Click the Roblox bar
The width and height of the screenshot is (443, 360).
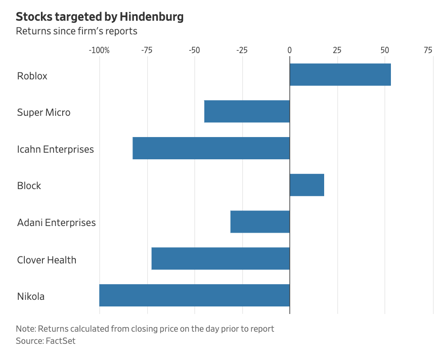(x=340, y=75)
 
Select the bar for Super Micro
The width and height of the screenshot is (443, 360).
(x=247, y=111)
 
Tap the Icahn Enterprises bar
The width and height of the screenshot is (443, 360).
(x=211, y=148)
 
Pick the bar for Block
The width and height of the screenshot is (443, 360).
(x=307, y=185)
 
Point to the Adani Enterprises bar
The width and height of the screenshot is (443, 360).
(x=260, y=221)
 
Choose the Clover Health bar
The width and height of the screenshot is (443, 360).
(x=220, y=258)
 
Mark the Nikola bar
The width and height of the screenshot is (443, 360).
(x=194, y=295)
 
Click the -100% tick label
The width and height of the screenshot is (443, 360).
(x=99, y=50)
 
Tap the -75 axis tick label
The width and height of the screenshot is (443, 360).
(x=147, y=50)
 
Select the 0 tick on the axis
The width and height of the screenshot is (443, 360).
(x=290, y=50)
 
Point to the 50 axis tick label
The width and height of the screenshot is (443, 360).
(x=385, y=50)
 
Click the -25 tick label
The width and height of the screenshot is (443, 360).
(x=242, y=50)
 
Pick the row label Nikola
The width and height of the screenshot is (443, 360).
(x=31, y=296)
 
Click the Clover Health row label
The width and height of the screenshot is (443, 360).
(x=47, y=260)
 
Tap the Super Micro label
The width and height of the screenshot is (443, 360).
(x=44, y=112)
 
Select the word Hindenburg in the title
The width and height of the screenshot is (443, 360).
(x=152, y=17)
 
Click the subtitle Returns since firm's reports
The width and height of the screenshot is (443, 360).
(x=76, y=31)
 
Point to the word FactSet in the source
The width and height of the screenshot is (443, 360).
(x=61, y=341)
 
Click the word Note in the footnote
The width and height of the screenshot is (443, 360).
(x=26, y=329)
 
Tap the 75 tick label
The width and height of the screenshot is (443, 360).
(x=428, y=50)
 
